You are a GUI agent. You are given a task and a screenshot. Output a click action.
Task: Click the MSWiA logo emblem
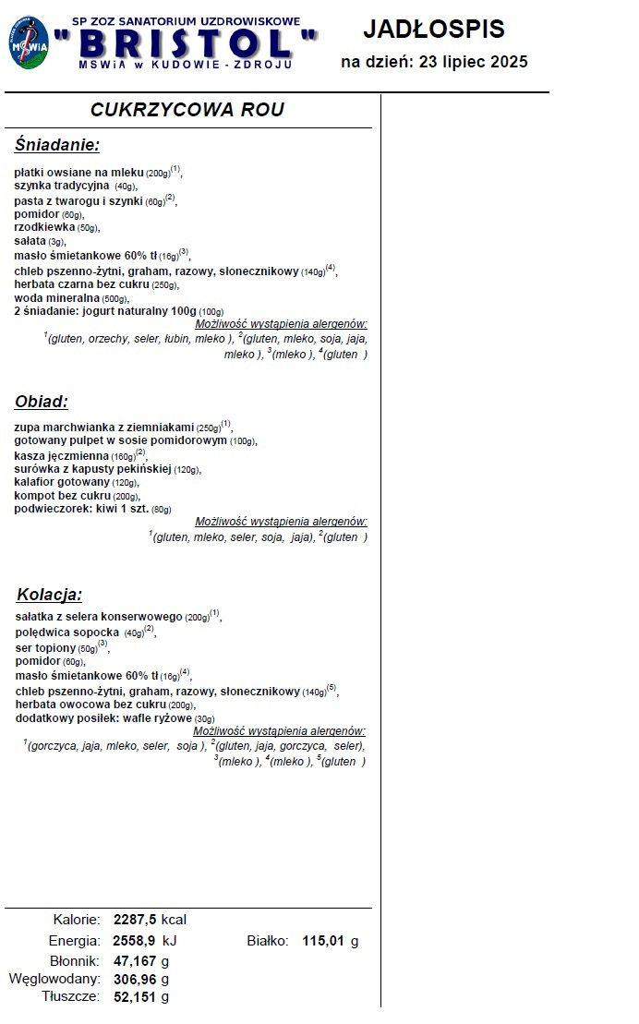click(29, 42)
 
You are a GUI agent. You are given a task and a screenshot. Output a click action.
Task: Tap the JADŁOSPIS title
click(434, 30)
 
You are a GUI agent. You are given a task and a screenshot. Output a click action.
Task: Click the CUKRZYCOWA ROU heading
click(187, 110)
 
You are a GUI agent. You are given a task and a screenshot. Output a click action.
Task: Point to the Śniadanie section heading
click(57, 145)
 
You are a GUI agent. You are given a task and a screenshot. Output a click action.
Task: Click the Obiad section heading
click(42, 402)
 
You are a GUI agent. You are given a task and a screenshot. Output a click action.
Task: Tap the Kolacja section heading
click(50, 594)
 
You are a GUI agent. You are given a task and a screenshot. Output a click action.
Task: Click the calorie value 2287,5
click(135, 920)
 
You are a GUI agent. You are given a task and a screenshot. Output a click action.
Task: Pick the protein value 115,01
click(323, 941)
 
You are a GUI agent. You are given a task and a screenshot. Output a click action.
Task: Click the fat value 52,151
click(135, 997)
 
